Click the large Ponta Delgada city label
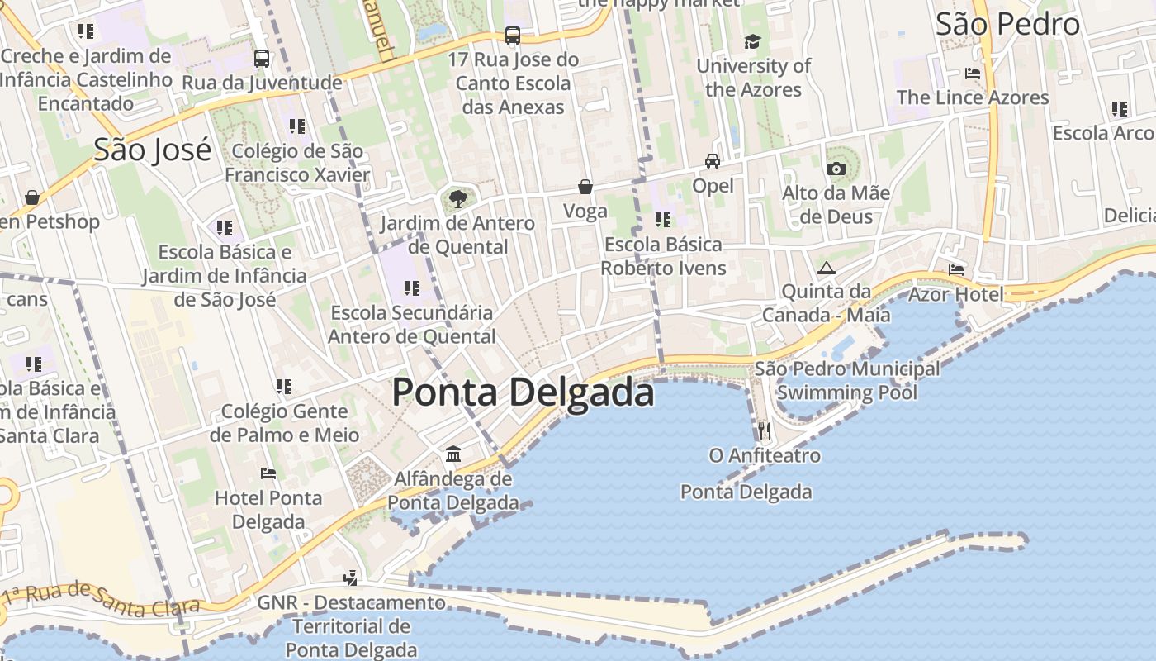(x=523, y=392)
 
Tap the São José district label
(x=152, y=150)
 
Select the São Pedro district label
(x=1007, y=24)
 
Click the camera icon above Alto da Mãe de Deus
(x=836, y=169)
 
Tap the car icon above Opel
(x=712, y=161)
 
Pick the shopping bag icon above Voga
(x=585, y=187)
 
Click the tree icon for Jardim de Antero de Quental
(x=457, y=198)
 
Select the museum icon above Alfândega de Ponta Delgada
(x=453, y=454)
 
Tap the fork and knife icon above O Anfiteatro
(x=765, y=430)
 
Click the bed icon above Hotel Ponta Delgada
(x=268, y=473)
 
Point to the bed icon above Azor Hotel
(x=956, y=270)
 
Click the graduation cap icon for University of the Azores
(x=752, y=41)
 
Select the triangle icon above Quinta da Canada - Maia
(x=827, y=268)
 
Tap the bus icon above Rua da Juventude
(x=262, y=59)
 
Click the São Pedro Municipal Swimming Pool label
(x=846, y=380)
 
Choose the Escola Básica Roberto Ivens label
(x=663, y=256)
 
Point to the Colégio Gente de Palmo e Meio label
(x=284, y=423)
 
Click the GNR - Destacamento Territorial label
(x=351, y=626)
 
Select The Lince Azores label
(x=972, y=97)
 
